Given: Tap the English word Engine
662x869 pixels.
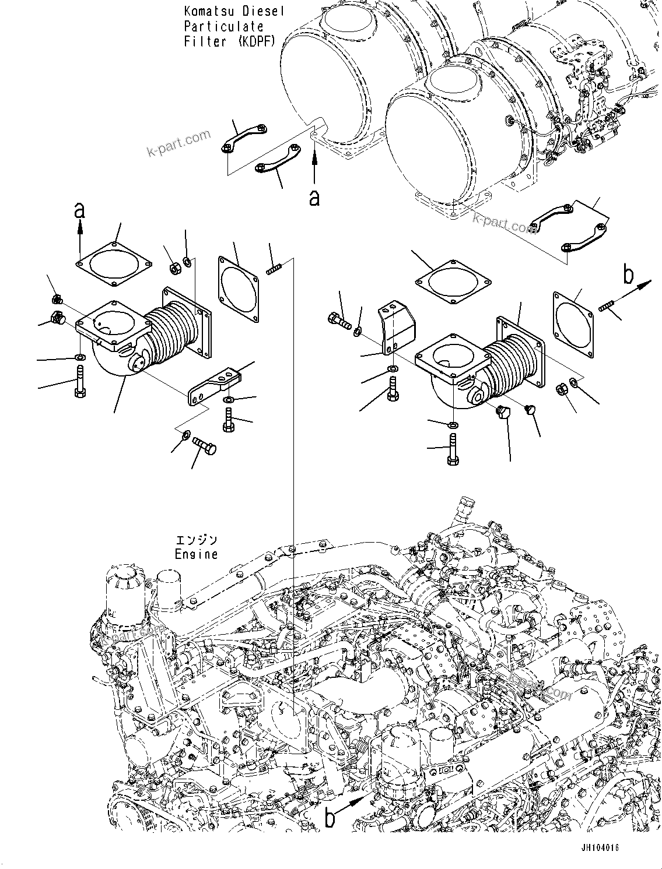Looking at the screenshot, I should click(196, 554).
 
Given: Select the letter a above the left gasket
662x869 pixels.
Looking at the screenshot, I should click(79, 210).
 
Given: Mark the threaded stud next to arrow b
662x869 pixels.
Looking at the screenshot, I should click(607, 304).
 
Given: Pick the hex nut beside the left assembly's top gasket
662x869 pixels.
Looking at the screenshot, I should click(173, 269).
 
